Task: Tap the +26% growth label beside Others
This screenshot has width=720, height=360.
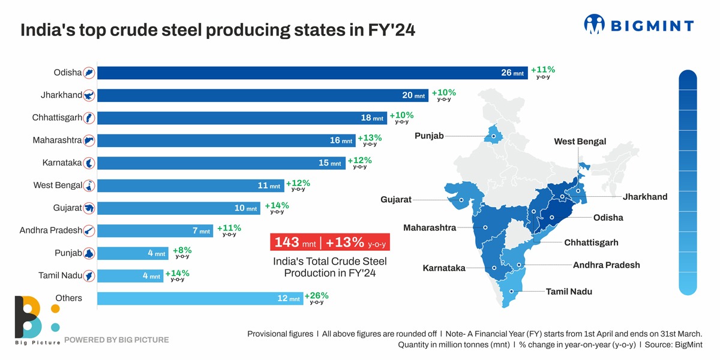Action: (x=316, y=296)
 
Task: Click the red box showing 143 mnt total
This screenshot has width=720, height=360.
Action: (x=330, y=242)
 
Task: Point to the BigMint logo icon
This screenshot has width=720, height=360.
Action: (x=595, y=24)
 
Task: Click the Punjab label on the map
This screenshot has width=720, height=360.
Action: (x=429, y=136)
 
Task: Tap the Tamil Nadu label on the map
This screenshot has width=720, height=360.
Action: (x=569, y=292)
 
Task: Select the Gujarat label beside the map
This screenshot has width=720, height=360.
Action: (x=396, y=199)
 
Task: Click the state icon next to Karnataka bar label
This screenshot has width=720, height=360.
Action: (x=89, y=163)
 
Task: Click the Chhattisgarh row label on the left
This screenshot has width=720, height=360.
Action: (x=57, y=118)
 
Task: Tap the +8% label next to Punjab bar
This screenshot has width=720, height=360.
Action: (x=182, y=251)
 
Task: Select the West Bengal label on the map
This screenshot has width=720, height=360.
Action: (x=580, y=142)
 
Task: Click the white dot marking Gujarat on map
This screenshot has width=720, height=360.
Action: (x=461, y=200)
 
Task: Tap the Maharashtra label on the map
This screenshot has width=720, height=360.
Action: (x=430, y=228)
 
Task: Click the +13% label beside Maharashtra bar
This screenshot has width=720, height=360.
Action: (x=370, y=139)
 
